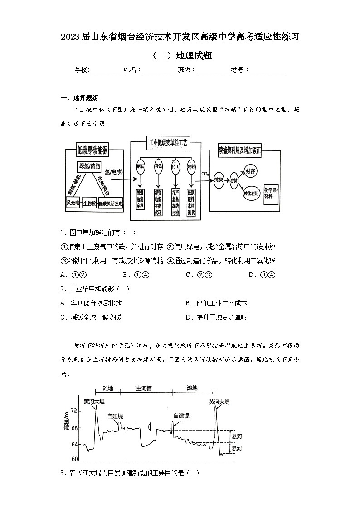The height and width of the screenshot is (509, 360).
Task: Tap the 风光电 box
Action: click(x=73, y=203)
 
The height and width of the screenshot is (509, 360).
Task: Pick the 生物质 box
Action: click(x=89, y=204)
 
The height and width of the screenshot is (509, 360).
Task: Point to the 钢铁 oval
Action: click(x=140, y=166)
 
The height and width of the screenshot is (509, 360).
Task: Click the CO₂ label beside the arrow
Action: click(x=204, y=174)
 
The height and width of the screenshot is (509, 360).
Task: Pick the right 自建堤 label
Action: click(x=181, y=416)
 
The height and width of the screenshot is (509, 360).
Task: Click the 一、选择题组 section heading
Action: click(x=79, y=98)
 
